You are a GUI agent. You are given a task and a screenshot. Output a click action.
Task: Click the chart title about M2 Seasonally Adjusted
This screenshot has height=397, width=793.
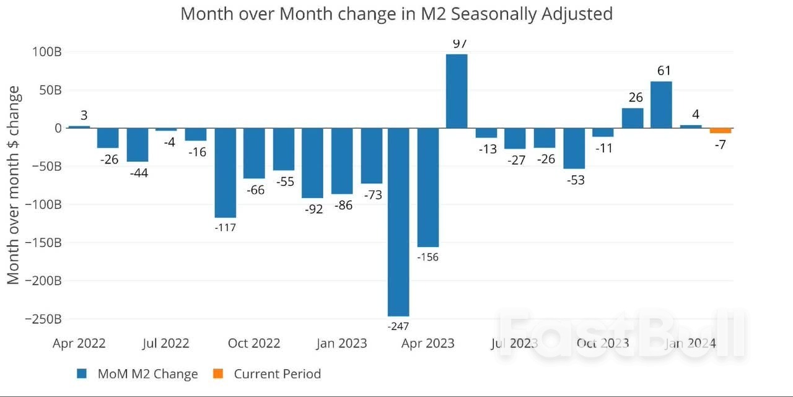[396, 14]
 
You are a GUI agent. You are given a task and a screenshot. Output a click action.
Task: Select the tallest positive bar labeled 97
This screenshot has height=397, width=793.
[457, 91]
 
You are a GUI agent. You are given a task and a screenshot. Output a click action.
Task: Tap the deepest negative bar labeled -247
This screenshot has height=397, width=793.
[398, 222]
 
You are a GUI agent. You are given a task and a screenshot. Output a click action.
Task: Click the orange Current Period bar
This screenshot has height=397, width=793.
[721, 131]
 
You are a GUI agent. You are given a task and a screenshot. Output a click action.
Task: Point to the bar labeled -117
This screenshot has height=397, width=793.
[225, 173]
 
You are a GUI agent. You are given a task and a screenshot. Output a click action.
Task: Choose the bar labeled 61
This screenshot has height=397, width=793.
[661, 105]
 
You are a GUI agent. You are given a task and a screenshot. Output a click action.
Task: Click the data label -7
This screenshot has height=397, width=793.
[721, 145]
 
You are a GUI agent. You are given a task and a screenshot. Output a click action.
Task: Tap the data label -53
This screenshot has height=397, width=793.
[574, 180]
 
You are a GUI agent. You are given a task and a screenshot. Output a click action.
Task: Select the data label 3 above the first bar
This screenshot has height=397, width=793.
[84, 115]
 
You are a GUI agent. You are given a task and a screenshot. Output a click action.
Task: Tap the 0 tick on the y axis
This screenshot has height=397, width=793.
[58, 128]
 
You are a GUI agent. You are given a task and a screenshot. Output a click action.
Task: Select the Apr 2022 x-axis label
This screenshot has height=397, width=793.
[79, 343]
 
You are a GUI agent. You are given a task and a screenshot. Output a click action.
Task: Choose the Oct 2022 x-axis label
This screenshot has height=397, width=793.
[253, 343]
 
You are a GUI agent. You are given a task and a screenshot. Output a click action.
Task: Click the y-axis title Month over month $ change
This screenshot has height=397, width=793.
[14, 185]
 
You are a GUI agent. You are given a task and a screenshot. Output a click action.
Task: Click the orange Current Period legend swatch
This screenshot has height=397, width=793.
[218, 373]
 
